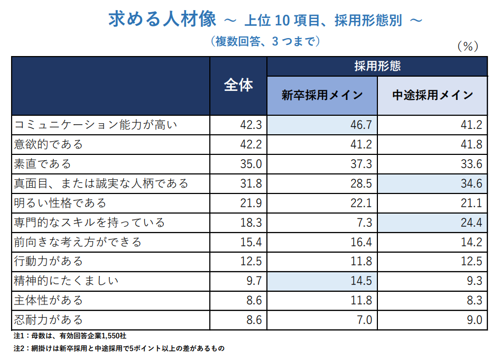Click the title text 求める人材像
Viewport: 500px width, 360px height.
point(162,20)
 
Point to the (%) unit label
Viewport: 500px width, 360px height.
point(467,47)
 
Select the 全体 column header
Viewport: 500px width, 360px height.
point(238,86)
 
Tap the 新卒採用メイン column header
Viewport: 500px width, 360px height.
point(322,96)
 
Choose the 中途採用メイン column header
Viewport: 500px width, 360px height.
point(432,96)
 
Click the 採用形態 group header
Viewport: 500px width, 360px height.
point(377,66)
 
